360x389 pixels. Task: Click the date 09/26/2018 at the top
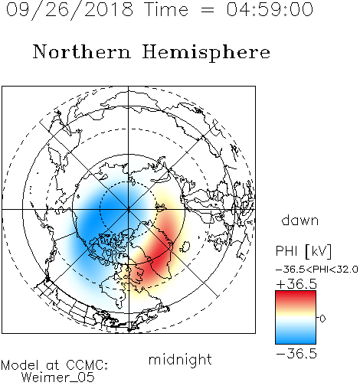[x=70, y=10]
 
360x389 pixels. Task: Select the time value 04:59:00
[x=270, y=9]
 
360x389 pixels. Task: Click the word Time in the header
[x=166, y=9]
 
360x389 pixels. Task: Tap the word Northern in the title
[x=82, y=51]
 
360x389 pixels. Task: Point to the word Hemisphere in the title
[x=206, y=53]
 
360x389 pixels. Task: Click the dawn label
[x=300, y=220]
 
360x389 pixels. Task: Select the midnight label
[x=180, y=360]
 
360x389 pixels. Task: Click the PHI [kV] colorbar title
[x=303, y=251]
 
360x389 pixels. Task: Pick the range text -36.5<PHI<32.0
[x=317, y=270]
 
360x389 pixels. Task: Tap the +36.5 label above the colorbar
[x=296, y=284]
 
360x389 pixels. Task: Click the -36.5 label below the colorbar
[x=296, y=354]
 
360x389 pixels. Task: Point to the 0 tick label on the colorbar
[x=322, y=319]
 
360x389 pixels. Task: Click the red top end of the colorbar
[x=296, y=293]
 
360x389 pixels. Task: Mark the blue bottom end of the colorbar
[x=296, y=342]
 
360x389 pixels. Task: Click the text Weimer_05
[x=58, y=378]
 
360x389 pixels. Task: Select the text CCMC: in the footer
[x=87, y=365]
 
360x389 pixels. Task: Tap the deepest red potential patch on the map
[x=159, y=258]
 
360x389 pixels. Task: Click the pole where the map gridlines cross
[x=129, y=209]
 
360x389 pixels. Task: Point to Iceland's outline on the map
[x=185, y=247]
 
